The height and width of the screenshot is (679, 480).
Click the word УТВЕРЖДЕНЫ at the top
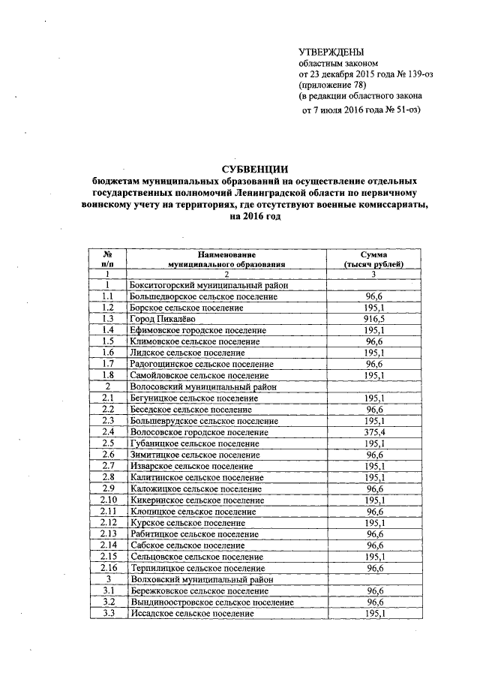(331, 52)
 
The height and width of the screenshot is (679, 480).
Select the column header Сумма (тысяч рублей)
(373, 260)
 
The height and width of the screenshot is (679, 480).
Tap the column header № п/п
(108, 260)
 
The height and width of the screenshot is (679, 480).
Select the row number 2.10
(108, 500)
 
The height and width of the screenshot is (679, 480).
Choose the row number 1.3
(108, 319)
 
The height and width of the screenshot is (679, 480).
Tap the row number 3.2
(108, 602)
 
